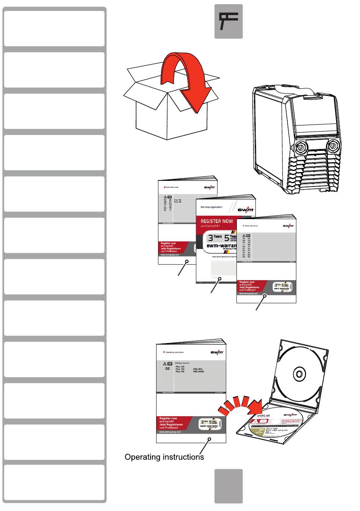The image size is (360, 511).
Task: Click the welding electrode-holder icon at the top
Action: (229, 21)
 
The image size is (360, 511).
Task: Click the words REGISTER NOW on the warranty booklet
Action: (216, 221)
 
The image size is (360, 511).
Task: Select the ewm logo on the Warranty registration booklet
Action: (246, 210)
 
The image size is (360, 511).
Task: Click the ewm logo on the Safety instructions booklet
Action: (288, 226)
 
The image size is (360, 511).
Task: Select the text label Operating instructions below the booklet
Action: (164, 457)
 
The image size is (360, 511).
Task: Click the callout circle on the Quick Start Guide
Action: (187, 262)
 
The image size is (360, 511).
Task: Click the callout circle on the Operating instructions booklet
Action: (210, 439)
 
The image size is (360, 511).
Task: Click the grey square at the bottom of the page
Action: (229, 486)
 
